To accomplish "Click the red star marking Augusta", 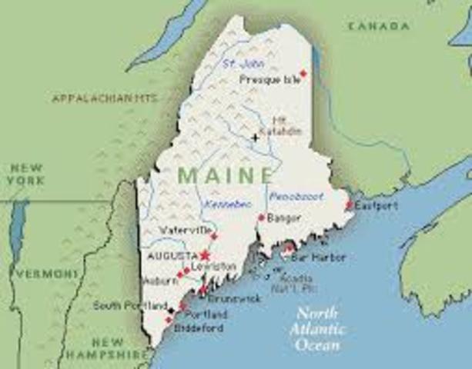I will tap(205, 254).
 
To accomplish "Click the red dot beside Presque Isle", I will tap(303, 74).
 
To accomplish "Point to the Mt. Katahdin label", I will tap(286, 125).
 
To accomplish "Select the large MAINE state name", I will tap(225, 175).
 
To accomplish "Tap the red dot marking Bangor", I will tap(261, 218).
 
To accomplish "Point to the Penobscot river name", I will tap(296, 197).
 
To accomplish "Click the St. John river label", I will tap(238, 63).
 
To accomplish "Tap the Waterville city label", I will tap(185, 230).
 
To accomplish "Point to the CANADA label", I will tap(379, 27).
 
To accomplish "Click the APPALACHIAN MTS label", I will tap(105, 98).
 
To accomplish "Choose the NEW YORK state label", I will tap(25, 174).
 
